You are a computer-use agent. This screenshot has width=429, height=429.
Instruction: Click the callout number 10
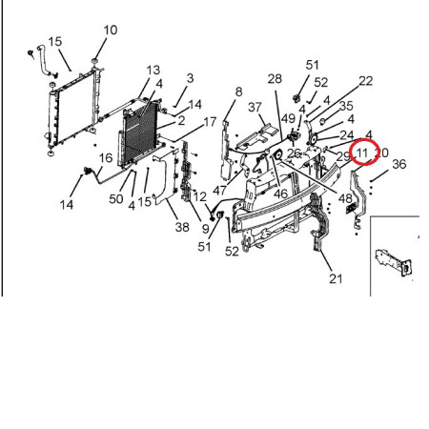pyautogui.click(x=111, y=31)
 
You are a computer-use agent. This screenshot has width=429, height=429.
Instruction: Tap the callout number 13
pyautogui.click(x=153, y=71)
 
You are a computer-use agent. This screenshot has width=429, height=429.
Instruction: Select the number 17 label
pyautogui.click(x=210, y=122)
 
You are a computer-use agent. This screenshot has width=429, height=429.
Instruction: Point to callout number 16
pyautogui.click(x=106, y=158)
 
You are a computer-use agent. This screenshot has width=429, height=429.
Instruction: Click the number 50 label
pyautogui.click(x=116, y=199)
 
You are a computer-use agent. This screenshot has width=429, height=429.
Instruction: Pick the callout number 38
pyautogui.click(x=182, y=227)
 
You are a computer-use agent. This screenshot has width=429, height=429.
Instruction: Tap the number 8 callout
pyautogui.click(x=238, y=92)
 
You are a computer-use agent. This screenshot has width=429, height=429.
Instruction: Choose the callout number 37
pyautogui.click(x=255, y=107)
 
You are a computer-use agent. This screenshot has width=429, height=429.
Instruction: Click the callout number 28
pyautogui.click(x=275, y=78)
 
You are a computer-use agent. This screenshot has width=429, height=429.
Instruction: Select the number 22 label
pyautogui.click(x=365, y=81)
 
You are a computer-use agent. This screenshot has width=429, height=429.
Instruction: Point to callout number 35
pyautogui.click(x=346, y=106)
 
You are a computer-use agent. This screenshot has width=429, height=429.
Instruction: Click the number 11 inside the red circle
pyautogui.click(x=362, y=153)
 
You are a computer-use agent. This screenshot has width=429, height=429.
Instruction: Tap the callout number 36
pyautogui.click(x=399, y=164)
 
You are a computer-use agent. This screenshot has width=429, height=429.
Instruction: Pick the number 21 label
pyautogui.click(x=336, y=278)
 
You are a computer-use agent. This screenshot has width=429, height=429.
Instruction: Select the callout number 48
pyautogui.click(x=345, y=198)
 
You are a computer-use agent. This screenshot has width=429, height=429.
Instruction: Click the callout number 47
pyautogui.click(x=220, y=191)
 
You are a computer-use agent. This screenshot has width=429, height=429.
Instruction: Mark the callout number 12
pyautogui.click(x=200, y=196)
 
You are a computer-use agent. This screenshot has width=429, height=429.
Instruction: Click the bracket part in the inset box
pyautogui.click(x=394, y=262)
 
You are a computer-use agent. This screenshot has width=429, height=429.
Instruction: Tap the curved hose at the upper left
pyautogui.click(x=43, y=60)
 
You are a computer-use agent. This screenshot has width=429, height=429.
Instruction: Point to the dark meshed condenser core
pyautogui.click(x=140, y=132)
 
